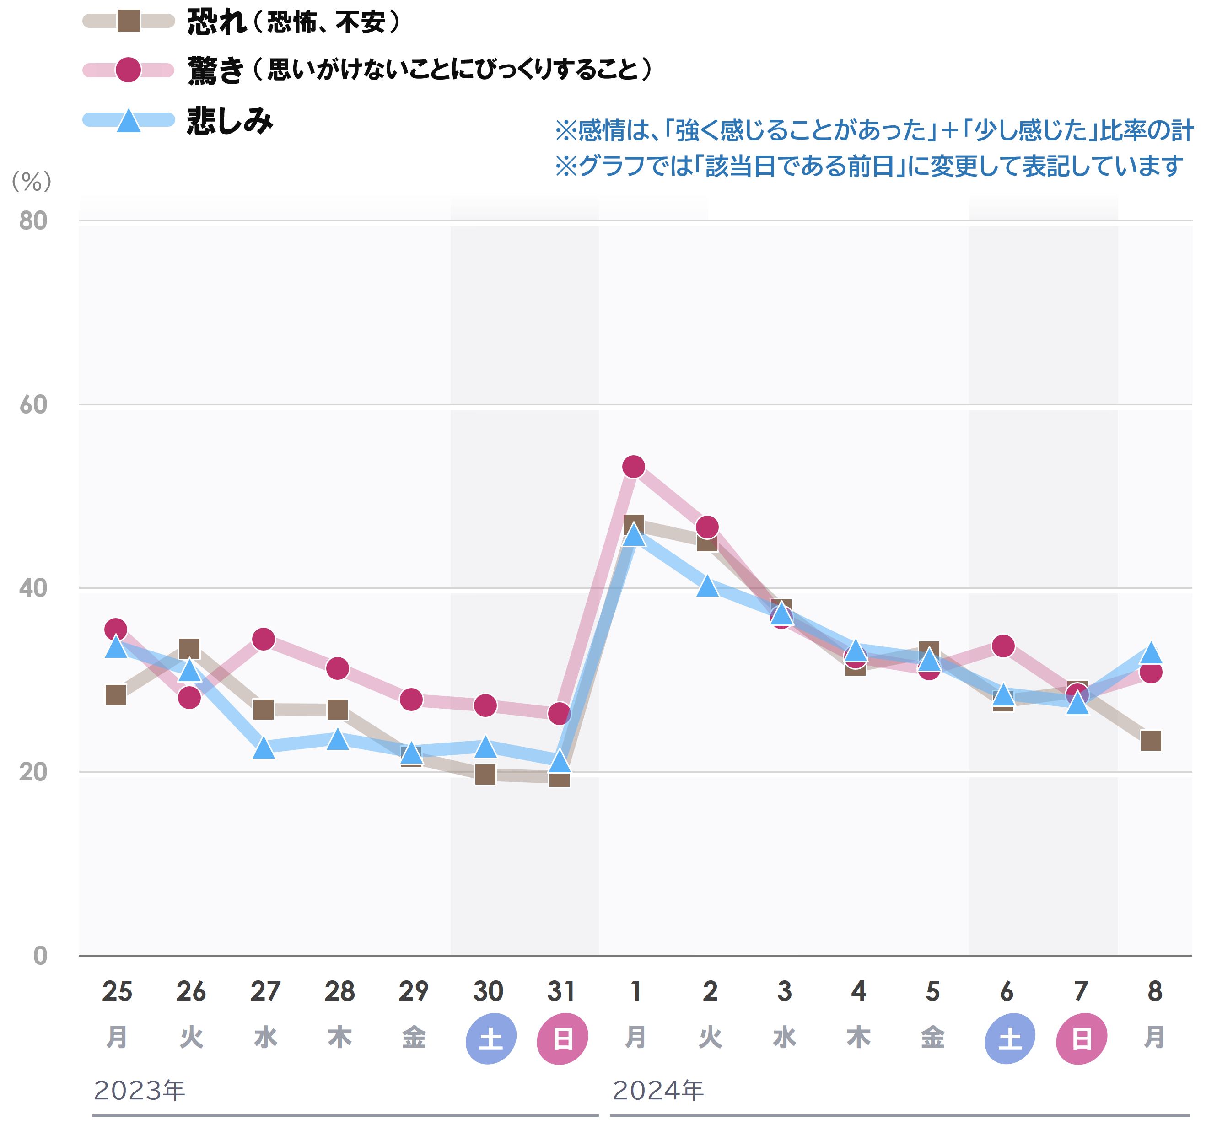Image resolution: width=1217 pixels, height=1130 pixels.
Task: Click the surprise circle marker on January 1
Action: click(634, 467)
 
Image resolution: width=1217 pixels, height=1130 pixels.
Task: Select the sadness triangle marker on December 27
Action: click(264, 747)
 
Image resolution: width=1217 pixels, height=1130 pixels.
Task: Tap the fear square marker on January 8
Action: click(1151, 741)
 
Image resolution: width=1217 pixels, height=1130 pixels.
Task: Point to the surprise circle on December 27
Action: click(264, 639)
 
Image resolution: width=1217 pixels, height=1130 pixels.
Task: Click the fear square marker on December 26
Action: click(189, 649)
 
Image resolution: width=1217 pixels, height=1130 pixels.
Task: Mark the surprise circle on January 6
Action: click(1003, 646)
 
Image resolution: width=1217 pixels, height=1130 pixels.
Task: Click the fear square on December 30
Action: click(485, 774)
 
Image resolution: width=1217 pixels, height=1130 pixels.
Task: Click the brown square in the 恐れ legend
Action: click(129, 21)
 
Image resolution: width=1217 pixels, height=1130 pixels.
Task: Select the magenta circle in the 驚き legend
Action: click(129, 70)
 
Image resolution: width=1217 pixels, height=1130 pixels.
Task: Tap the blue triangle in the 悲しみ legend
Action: click(129, 120)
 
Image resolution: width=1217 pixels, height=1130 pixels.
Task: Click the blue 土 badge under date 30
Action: click(490, 1039)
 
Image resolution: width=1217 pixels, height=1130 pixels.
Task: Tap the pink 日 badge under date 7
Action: click(1081, 1039)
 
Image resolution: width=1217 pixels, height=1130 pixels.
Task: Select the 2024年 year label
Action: click(658, 1090)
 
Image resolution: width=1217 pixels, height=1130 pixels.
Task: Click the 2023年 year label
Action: click(140, 1090)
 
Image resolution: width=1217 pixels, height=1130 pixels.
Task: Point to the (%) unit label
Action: click(32, 181)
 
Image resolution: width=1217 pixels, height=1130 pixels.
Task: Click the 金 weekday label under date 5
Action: click(932, 1038)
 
